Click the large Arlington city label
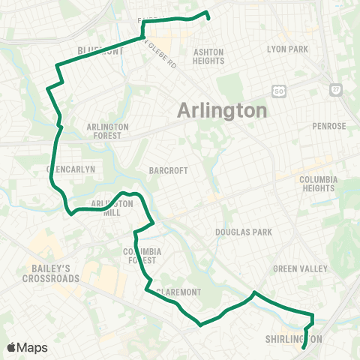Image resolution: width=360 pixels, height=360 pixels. coord(222,111)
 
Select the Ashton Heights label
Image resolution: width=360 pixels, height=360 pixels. coord(208,56)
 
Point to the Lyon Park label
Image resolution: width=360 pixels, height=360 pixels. coord(288,49)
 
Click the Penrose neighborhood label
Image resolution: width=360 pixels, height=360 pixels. coord(329,126)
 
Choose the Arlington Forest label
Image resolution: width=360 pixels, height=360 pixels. coord(108,131)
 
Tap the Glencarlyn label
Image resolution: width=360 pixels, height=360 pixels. coord(71,169)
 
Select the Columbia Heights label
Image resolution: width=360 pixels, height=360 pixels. coord(319,184)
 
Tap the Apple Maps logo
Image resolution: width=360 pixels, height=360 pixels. coord(27,347)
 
